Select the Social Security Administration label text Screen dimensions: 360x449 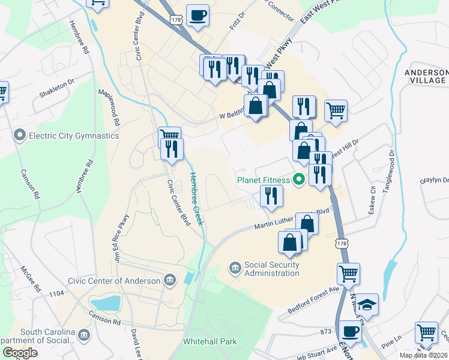point(271,269)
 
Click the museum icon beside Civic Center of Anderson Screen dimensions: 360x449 point(170,280)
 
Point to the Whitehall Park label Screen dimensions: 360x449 point(209,341)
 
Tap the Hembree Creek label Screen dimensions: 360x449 point(196,199)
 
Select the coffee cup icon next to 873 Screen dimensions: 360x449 point(349,331)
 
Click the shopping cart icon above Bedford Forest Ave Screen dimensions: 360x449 point(348,274)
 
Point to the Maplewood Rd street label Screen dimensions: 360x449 point(110,107)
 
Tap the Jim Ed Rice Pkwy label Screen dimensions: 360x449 point(121,238)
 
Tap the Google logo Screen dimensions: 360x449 point(20,353)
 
